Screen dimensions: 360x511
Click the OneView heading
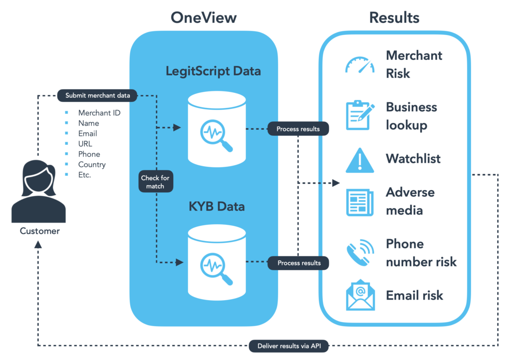(x=204, y=18)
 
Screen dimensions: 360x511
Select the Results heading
(x=394, y=18)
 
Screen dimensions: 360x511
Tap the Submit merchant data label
(x=97, y=95)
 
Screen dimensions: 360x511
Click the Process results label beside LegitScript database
(x=298, y=129)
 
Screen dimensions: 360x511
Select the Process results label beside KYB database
(x=298, y=263)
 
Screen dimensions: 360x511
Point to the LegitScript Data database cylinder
(x=217, y=129)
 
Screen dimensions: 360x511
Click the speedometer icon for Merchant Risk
(x=360, y=64)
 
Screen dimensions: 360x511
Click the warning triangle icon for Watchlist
(x=360, y=160)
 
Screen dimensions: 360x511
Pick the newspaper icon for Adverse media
(x=360, y=202)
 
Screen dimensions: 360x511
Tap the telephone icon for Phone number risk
(x=360, y=253)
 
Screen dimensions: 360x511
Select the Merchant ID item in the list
(x=99, y=113)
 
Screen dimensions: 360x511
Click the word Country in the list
(x=92, y=164)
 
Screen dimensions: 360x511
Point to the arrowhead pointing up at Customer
(x=38, y=245)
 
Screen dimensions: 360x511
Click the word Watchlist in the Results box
(x=413, y=159)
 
